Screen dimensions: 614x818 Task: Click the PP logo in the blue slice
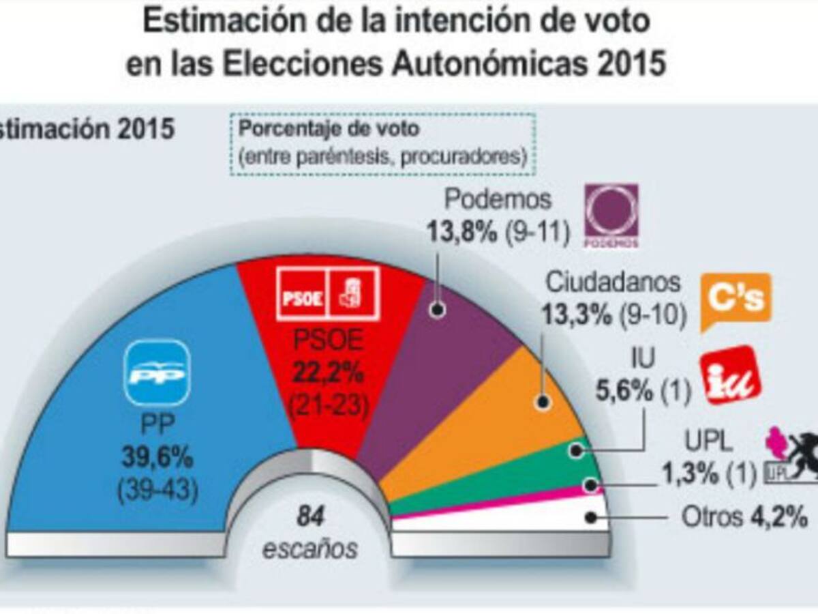[x=157, y=372]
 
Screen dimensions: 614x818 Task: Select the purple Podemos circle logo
[x=611, y=214]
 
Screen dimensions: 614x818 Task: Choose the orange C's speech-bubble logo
[x=736, y=299]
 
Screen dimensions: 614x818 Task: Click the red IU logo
[x=731, y=375]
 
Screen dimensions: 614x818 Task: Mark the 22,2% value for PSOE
[x=329, y=373]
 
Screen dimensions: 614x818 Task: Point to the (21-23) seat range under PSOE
[x=328, y=407]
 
